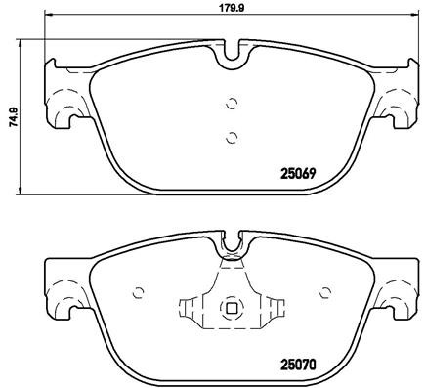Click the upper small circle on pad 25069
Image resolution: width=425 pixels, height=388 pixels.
coord(232,102)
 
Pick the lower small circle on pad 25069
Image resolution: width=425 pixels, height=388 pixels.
coord(232,137)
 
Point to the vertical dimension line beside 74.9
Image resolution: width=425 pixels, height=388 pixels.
coord(23,115)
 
